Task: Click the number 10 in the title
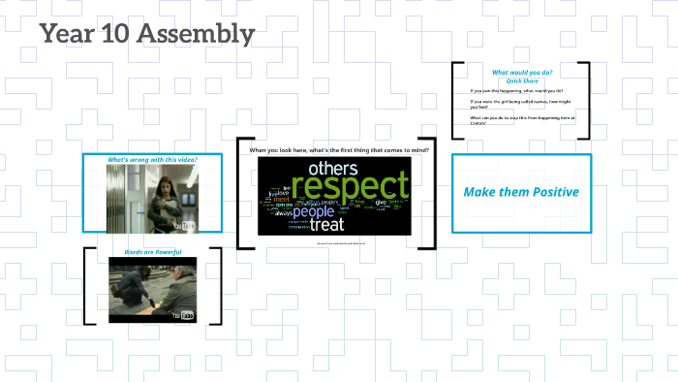[116, 35]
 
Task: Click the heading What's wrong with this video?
[152, 159]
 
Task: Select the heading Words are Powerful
[152, 252]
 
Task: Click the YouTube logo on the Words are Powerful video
[183, 315]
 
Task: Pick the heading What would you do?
[521, 73]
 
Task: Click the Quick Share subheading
[521, 80]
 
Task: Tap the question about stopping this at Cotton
[521, 120]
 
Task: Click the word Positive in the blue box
[547, 192]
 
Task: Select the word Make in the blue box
[478, 192]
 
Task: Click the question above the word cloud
[339, 150]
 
